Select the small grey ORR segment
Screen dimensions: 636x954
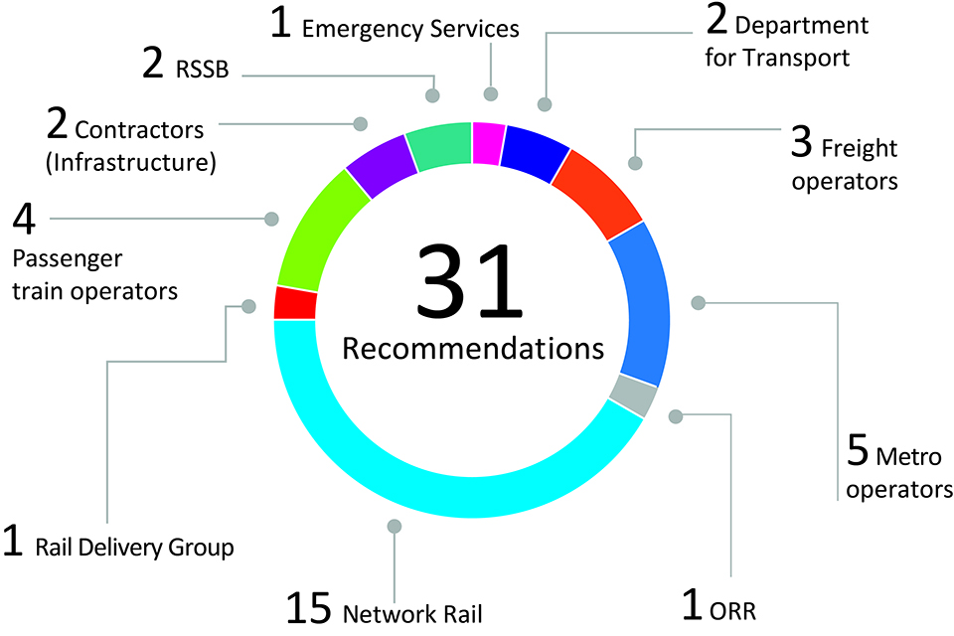click(x=634, y=396)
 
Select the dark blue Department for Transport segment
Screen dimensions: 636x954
click(x=535, y=152)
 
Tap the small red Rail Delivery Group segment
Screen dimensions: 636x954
click(x=295, y=303)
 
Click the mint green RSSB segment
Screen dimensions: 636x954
click(x=439, y=147)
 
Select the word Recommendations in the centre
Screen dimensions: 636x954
click(x=473, y=350)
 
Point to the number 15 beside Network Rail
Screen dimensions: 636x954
click(x=309, y=608)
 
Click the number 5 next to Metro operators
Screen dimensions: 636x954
click(x=858, y=450)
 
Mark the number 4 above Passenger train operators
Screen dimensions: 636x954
click(x=25, y=219)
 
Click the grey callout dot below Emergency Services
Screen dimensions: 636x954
click(x=490, y=94)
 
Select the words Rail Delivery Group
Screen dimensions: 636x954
click(x=134, y=548)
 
